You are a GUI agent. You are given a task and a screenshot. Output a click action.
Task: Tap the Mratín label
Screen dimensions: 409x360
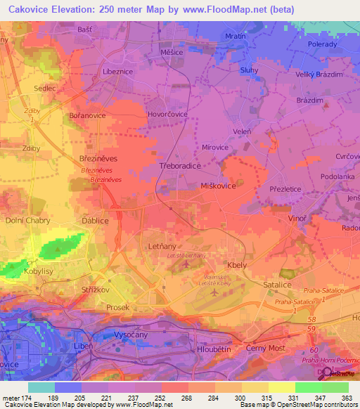[235, 35]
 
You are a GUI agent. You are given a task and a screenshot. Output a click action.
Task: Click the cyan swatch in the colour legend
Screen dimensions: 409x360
[41, 387]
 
